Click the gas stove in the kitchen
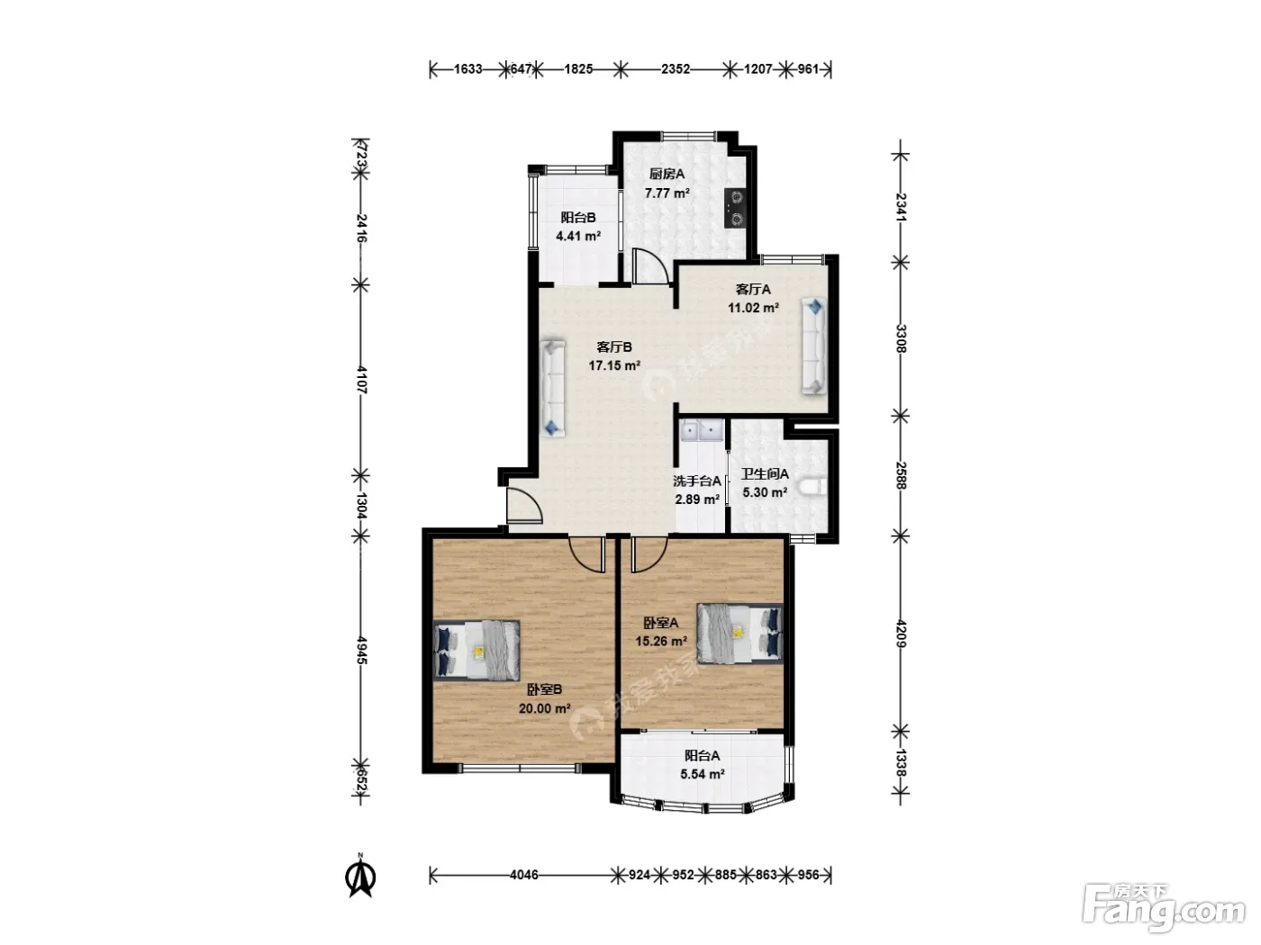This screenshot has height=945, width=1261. (x=735, y=208)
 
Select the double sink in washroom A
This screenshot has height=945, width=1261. (x=702, y=431)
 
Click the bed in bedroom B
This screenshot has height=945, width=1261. (x=476, y=651)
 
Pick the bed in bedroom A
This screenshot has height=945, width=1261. (x=740, y=634)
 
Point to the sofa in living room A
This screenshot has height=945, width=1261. (x=814, y=346)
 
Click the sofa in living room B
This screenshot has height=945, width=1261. (x=553, y=388)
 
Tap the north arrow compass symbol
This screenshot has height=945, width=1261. (x=361, y=876)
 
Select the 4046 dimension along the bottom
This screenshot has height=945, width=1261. (x=524, y=875)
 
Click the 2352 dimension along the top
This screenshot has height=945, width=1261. (x=675, y=69)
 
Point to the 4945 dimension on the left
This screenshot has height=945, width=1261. (x=361, y=650)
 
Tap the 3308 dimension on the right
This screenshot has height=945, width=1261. (x=900, y=338)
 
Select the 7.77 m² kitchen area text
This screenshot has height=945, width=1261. (x=667, y=193)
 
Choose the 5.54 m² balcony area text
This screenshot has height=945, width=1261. (x=702, y=774)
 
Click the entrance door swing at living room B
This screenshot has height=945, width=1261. (x=524, y=505)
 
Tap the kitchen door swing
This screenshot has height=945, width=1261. (x=650, y=265)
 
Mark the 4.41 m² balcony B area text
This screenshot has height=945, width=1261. (x=578, y=236)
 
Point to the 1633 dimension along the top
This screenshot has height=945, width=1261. (x=467, y=69)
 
